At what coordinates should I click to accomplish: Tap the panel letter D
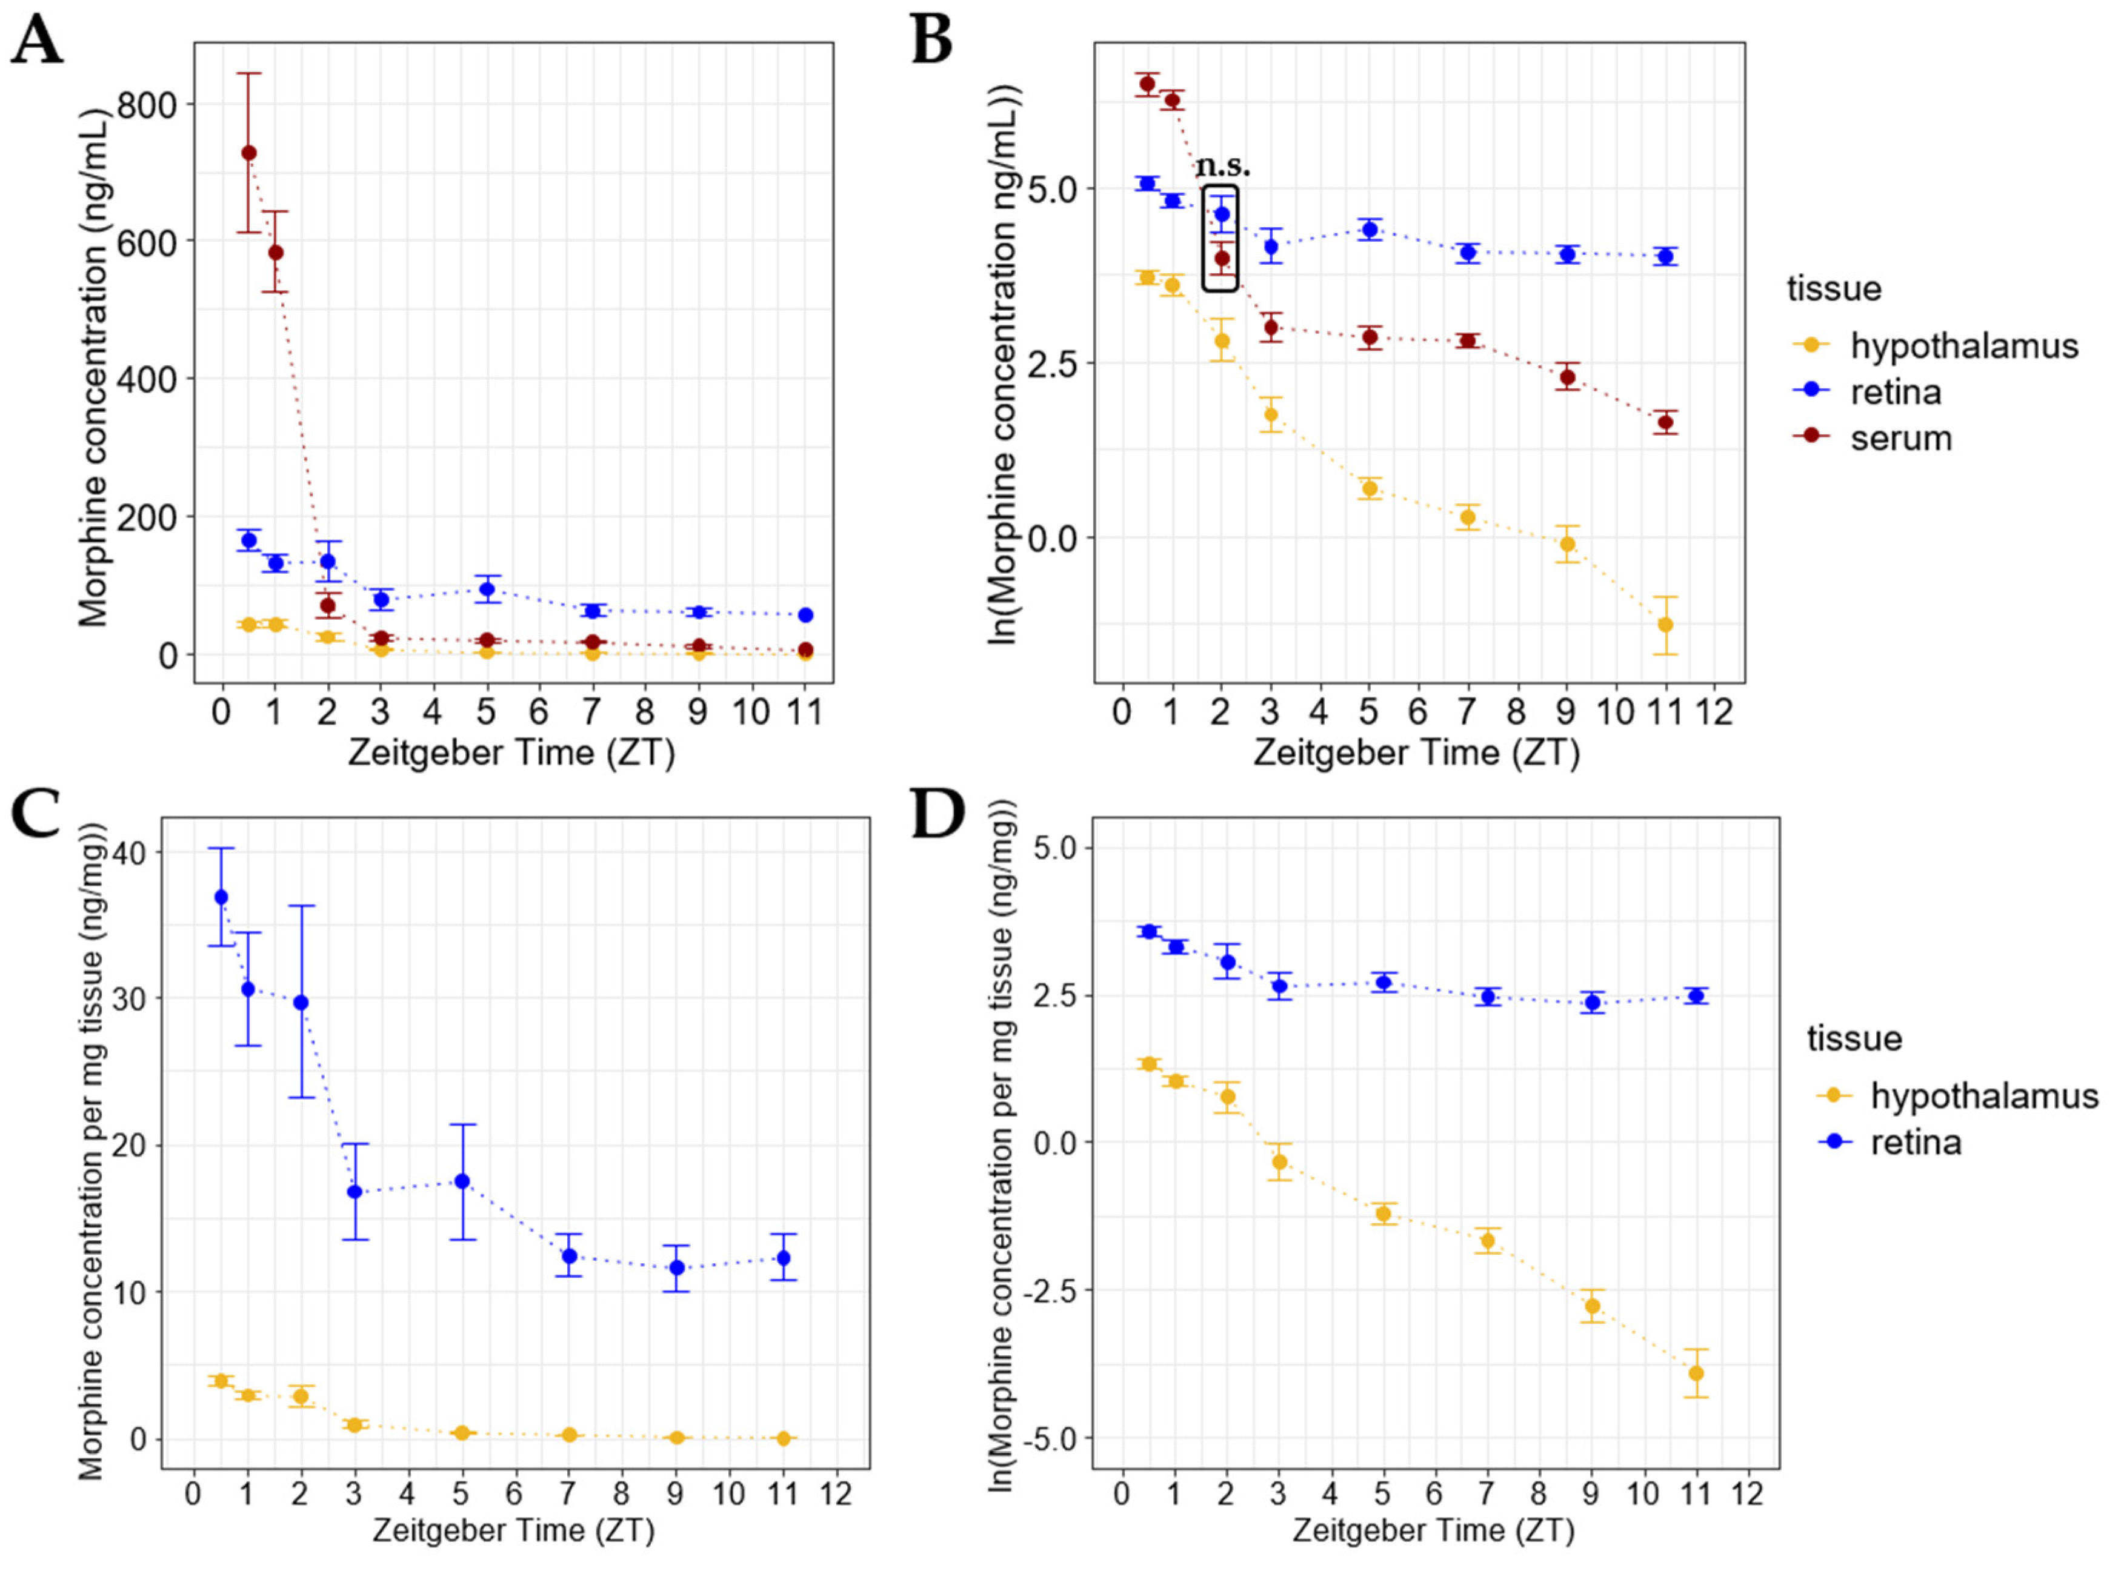[939, 815]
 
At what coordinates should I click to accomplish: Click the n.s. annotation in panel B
[1224, 166]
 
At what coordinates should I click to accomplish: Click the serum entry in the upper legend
[1901, 438]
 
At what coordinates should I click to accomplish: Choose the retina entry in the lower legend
[1915, 1141]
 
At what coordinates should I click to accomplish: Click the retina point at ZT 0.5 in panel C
[221, 897]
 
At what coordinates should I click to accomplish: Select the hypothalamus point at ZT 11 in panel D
[1696, 1373]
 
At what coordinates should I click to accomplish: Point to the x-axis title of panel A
[511, 752]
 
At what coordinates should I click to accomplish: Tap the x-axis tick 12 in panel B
[1714, 711]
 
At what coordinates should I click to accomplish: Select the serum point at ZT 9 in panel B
[1567, 376]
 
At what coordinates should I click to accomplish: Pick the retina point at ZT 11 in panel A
[805, 614]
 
